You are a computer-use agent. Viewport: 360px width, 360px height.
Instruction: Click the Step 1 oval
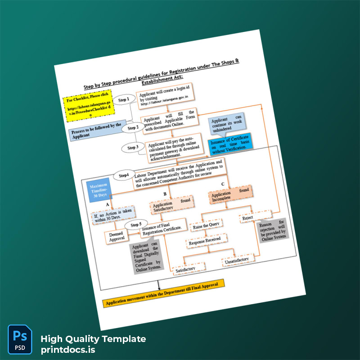pos(124,99)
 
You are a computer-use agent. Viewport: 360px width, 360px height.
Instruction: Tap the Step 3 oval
pos(132,148)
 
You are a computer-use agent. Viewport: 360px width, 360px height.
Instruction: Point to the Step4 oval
pos(124,175)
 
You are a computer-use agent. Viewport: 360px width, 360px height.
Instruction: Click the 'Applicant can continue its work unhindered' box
pos(227,124)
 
